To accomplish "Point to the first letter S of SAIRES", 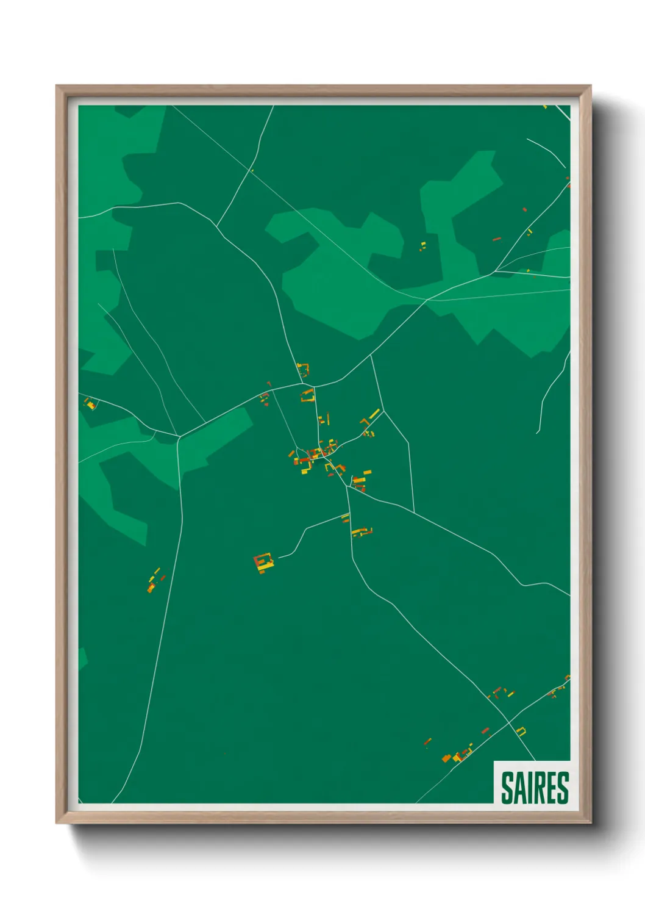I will [507, 788].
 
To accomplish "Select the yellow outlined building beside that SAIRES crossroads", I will [521, 730].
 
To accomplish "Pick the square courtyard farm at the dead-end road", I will [263, 562].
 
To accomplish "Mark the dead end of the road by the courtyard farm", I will [278, 556].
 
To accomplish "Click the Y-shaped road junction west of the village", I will [179, 436].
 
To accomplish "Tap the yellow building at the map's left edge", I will [90, 403].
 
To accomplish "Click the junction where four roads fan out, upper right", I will [496, 271].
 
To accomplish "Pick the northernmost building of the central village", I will [302, 369].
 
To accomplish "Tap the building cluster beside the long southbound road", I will [155, 580].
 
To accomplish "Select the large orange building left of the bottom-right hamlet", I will [446, 758].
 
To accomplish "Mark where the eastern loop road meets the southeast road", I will [414, 512].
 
